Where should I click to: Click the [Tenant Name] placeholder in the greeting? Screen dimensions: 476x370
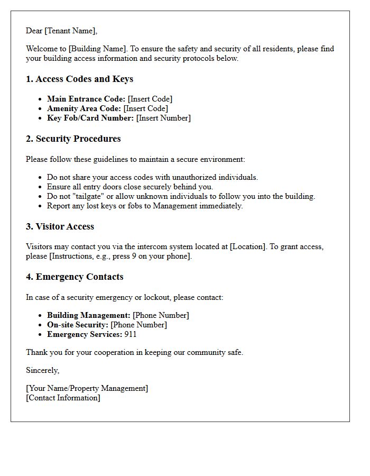click(x=71, y=31)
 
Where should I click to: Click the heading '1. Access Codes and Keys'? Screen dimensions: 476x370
click(x=79, y=79)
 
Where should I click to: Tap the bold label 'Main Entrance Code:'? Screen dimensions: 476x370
click(x=86, y=99)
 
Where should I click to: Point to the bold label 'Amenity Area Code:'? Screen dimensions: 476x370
click(x=84, y=108)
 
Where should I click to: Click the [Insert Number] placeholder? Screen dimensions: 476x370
click(x=163, y=118)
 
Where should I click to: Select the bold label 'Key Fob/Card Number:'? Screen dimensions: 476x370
click(x=90, y=118)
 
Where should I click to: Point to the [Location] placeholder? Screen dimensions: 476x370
click(x=248, y=246)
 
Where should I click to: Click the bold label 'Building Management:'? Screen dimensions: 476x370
click(x=89, y=315)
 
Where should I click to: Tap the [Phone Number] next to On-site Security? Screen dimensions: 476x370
click(x=138, y=325)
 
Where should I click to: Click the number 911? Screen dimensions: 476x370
click(x=131, y=334)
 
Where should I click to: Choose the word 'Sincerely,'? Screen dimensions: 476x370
click(x=43, y=370)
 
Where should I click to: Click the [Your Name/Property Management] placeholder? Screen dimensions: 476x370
click(x=87, y=388)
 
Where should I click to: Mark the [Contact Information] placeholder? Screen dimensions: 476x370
click(x=63, y=398)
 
